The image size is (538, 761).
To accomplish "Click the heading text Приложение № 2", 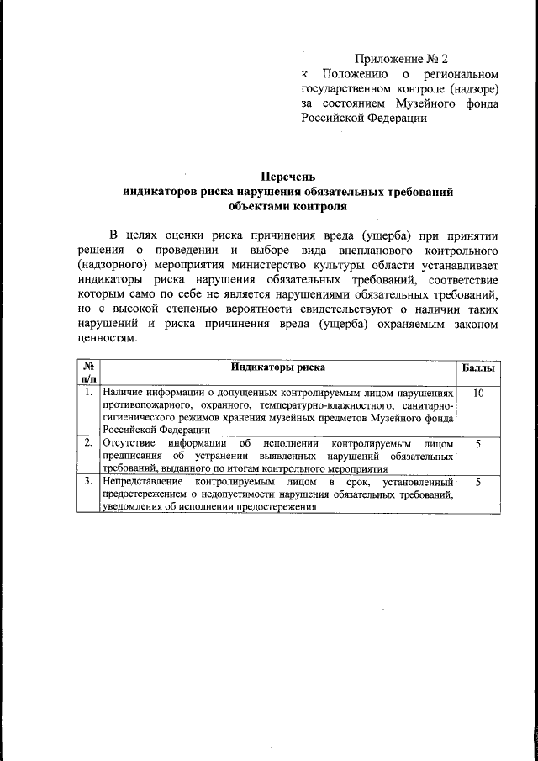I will [x=401, y=59].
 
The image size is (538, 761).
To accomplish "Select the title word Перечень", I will [x=287, y=177].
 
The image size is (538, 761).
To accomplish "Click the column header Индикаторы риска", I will [x=278, y=367].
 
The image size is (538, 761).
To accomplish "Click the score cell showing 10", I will [x=478, y=393].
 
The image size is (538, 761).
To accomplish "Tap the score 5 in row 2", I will [x=478, y=443].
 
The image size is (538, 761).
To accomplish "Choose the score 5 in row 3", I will [x=478, y=483].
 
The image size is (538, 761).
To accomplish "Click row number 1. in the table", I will [x=88, y=393].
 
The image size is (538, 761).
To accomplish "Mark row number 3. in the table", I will [x=88, y=483].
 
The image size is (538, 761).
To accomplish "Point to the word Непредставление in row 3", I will [x=142, y=483].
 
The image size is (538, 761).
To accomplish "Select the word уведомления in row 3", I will [x=132, y=507].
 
